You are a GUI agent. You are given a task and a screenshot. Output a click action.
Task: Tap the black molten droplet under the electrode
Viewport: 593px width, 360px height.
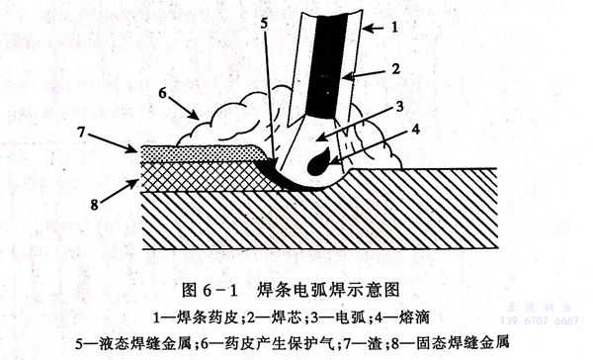tap(319, 161)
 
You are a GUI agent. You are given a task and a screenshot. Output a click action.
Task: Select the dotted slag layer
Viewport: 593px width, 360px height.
tap(198, 152)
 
